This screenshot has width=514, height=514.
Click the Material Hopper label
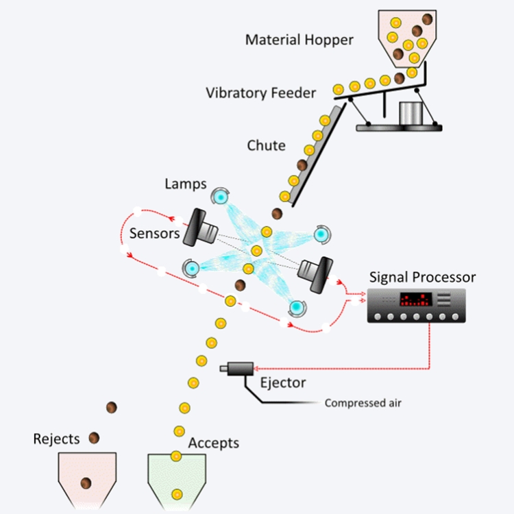299,39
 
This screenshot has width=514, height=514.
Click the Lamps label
185,184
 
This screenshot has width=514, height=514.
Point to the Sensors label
154,234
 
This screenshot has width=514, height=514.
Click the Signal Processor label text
422,278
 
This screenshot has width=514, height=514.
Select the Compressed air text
363,403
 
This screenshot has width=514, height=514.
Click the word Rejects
56,439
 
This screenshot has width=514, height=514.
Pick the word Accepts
213,443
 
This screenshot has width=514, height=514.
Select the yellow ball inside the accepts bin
177,493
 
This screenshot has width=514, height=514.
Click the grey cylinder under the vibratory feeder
411,114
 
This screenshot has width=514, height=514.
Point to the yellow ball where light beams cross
256,250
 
